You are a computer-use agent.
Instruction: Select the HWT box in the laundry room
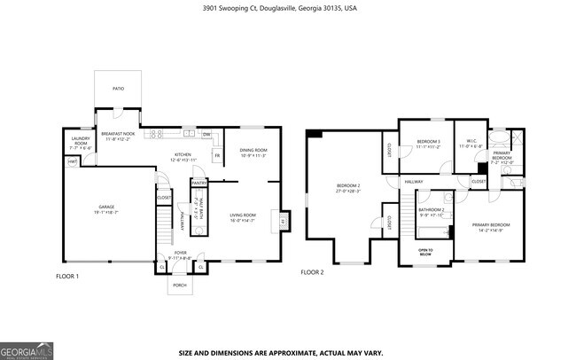[x=71, y=160]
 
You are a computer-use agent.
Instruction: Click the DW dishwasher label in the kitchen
[x=206, y=135]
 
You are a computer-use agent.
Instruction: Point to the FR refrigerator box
[x=216, y=156]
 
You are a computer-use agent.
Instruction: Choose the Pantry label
[x=198, y=184]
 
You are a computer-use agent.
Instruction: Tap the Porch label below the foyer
[x=180, y=285]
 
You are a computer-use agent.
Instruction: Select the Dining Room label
[x=253, y=152]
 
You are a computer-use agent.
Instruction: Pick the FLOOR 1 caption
[x=67, y=276]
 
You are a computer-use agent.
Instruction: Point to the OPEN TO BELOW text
[x=425, y=251]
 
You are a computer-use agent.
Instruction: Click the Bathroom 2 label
[x=432, y=211]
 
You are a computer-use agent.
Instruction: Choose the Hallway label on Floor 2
[x=414, y=182]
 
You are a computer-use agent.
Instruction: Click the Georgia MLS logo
[x=27, y=349]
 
